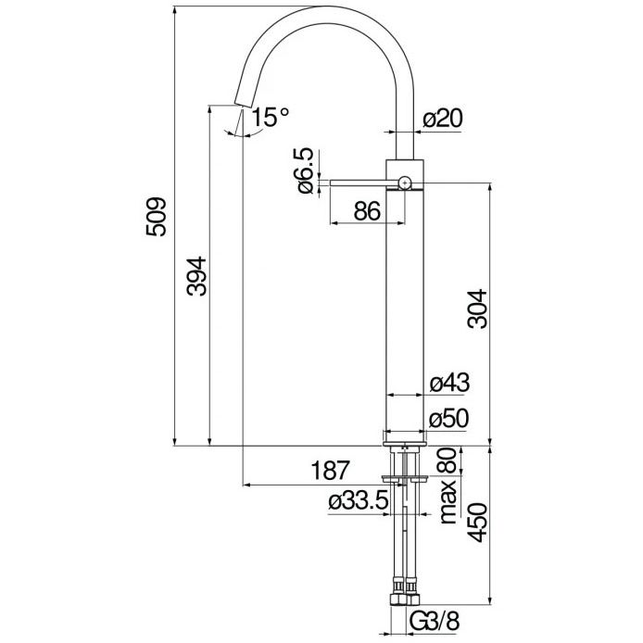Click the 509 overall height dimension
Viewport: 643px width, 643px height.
click(x=157, y=217)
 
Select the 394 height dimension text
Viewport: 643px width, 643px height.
click(x=196, y=276)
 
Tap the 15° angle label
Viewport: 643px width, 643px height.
click(x=270, y=118)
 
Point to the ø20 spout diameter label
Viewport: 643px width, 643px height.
click(x=443, y=118)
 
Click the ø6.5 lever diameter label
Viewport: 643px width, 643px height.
click(x=306, y=170)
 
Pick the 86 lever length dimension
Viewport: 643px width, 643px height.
click(x=368, y=211)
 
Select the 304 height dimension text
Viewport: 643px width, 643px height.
click(x=478, y=309)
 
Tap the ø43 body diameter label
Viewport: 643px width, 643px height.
click(x=449, y=383)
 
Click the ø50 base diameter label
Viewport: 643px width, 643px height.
click(x=448, y=419)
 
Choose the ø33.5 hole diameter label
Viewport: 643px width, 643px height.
click(x=359, y=500)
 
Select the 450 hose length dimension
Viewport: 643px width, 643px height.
click(x=478, y=523)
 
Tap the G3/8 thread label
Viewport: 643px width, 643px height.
click(x=435, y=621)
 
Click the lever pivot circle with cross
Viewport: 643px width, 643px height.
click(x=405, y=183)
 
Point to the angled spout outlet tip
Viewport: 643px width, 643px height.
click(x=243, y=103)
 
